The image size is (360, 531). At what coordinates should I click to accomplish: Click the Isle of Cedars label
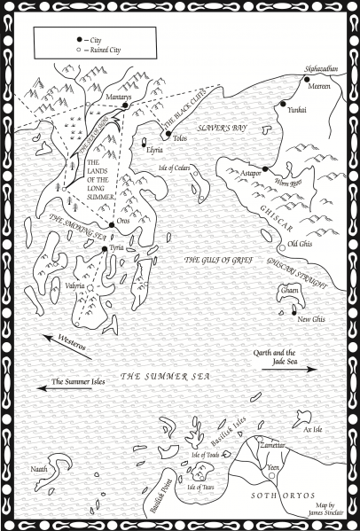click(177, 168)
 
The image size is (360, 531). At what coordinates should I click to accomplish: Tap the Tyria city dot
click(105, 249)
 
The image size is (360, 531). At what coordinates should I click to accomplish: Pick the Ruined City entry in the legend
click(99, 50)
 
